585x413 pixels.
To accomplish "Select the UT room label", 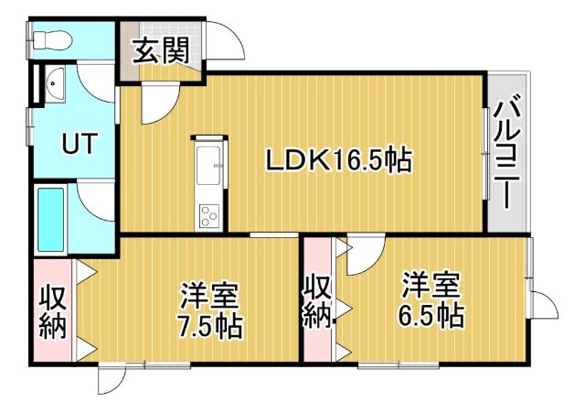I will click(x=75, y=144).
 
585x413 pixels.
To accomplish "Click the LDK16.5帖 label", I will click(x=337, y=160).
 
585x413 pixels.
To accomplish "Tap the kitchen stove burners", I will click(x=208, y=215).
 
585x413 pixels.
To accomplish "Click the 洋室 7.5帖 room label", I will click(x=208, y=311).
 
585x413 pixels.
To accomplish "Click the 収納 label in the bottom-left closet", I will click(x=53, y=311).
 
